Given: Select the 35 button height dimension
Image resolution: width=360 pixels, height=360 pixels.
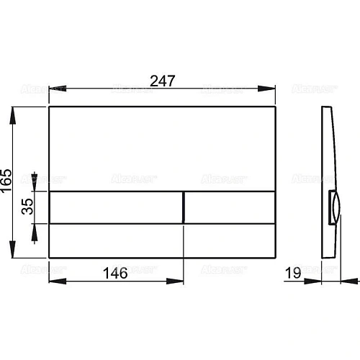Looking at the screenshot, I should (25, 207).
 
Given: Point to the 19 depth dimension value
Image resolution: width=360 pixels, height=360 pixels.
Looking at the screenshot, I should (292, 273).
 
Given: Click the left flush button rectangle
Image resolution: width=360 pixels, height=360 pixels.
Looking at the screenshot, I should (116, 207).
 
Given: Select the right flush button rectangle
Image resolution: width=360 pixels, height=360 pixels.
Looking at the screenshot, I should (230, 207).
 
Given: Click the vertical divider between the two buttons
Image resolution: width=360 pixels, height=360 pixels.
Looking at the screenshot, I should (185, 207).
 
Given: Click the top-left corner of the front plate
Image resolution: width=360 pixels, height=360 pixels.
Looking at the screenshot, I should (49, 108).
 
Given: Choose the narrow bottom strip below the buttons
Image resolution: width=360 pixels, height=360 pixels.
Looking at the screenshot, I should (163, 240).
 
